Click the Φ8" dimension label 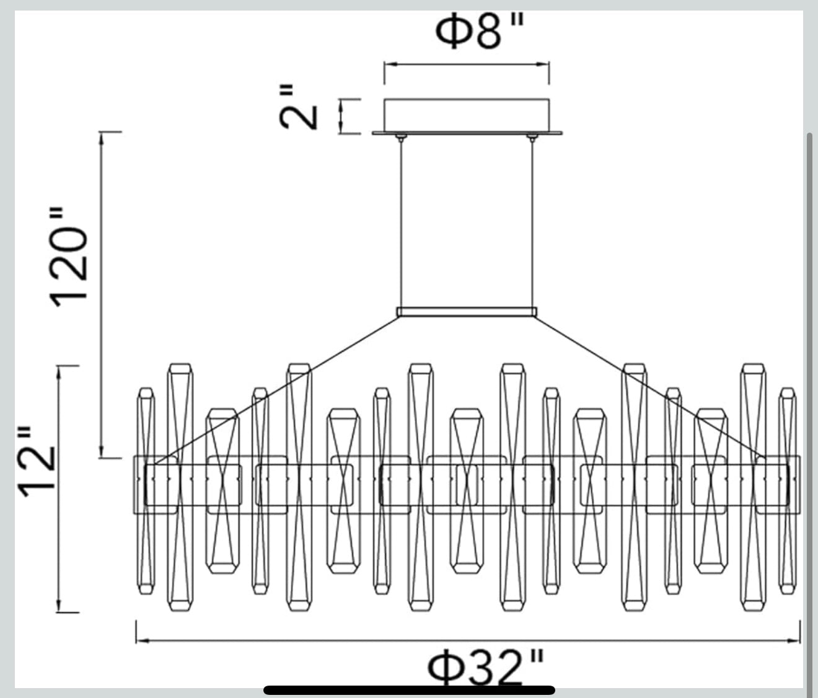479,31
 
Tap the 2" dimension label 297,107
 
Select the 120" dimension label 68,257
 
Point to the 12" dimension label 36,461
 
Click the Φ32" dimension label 486,668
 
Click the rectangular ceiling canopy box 467,115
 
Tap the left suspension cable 402,224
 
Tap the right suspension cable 532,224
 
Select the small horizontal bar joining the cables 467,312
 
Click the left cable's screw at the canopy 402,138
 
